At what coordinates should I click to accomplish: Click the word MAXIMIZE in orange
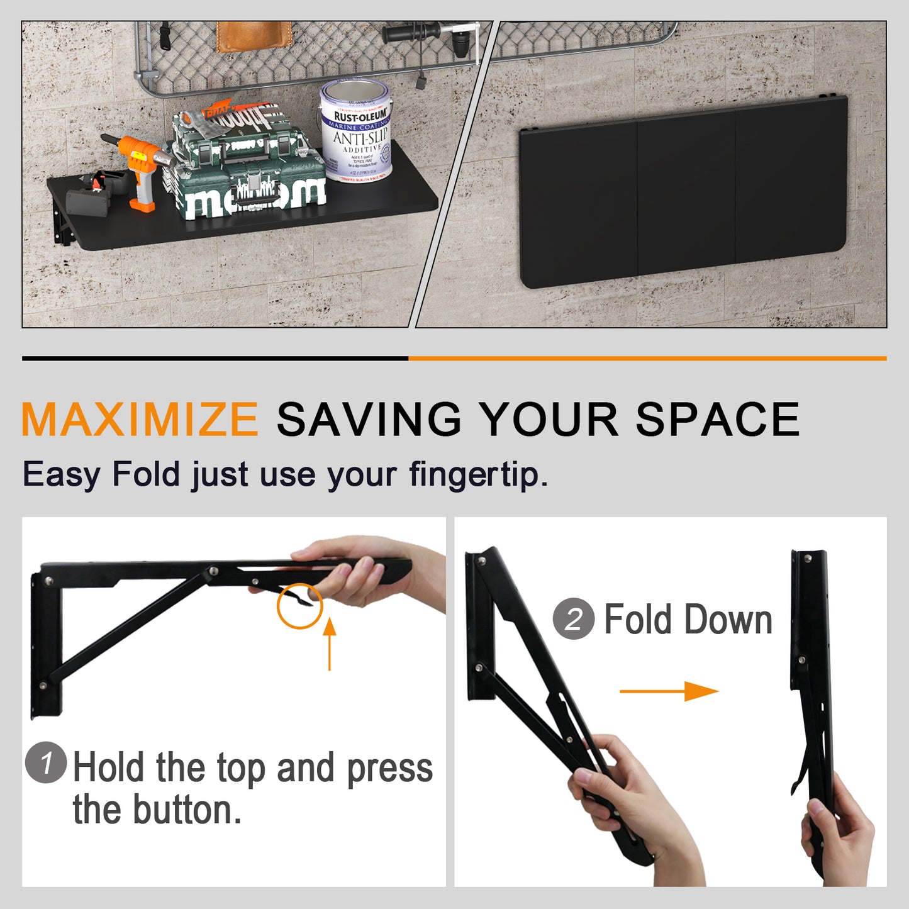click(x=140, y=420)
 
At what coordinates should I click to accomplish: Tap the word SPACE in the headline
click(x=717, y=420)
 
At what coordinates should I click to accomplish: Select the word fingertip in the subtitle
click(x=477, y=474)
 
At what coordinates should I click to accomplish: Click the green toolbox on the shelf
click(x=247, y=164)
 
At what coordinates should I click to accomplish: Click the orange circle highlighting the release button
click(x=299, y=606)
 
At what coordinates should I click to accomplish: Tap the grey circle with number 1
click(x=46, y=762)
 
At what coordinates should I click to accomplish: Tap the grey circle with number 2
click(x=573, y=619)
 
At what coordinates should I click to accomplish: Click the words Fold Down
click(x=688, y=620)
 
